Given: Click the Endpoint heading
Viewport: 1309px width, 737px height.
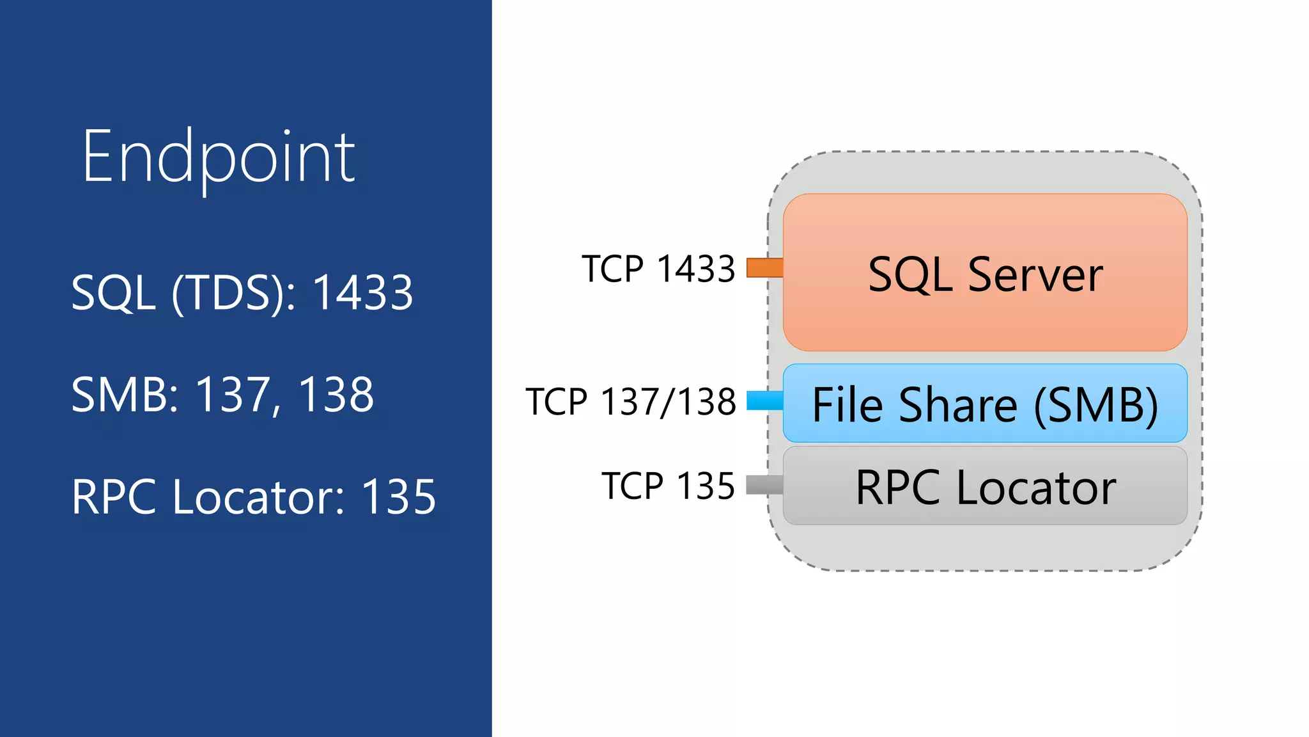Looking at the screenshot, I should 218,157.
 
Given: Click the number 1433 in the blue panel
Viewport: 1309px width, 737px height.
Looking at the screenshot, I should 362,292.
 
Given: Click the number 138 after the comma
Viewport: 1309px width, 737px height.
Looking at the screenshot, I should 336,395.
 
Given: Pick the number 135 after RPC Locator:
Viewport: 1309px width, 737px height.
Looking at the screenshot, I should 399,497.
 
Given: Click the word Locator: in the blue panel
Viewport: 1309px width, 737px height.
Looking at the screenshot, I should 259,497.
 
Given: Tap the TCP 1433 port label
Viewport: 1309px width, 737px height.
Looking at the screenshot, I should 658,269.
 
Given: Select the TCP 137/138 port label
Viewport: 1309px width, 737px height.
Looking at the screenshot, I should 631,402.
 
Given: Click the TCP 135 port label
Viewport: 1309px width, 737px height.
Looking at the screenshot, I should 668,486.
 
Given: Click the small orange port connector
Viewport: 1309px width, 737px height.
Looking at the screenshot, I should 764,267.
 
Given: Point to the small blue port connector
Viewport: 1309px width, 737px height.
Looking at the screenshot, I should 764,400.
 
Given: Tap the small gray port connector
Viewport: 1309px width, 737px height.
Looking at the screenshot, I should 764,485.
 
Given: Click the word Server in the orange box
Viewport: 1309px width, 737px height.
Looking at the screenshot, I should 1035,274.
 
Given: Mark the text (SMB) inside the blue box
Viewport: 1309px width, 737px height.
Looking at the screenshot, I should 1096,405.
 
